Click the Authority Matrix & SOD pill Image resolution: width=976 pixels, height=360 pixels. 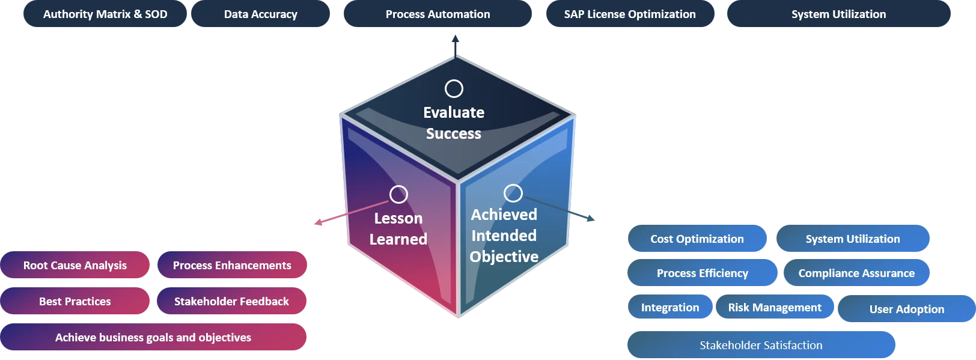point(105,13)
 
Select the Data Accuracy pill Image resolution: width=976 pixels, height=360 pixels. point(261,13)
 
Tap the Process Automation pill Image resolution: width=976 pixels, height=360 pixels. point(438,13)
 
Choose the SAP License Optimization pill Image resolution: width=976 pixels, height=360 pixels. point(630,13)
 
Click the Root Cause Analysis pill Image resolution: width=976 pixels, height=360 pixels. point(75,265)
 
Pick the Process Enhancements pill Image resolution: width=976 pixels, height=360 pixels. point(232,265)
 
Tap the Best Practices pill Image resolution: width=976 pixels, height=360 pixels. point(75,301)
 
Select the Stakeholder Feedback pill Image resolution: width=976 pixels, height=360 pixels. point(232,301)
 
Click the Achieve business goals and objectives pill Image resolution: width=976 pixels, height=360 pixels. point(153,337)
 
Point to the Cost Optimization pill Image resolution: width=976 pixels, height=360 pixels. point(697,239)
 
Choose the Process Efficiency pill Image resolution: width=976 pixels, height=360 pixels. point(703,273)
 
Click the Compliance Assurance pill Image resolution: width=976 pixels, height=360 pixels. point(856,273)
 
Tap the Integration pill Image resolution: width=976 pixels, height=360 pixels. point(670,307)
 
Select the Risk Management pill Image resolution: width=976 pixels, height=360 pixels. point(775,307)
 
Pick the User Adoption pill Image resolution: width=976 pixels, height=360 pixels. point(907,308)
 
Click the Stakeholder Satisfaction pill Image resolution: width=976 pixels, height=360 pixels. point(761,345)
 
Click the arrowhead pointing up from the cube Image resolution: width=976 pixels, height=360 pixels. point(456,38)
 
